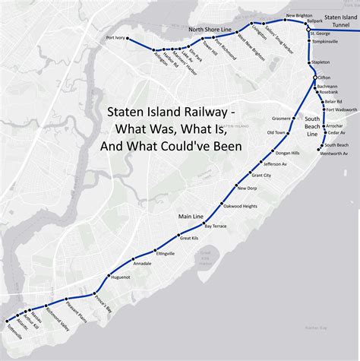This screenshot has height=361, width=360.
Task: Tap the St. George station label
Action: click(x=320, y=34)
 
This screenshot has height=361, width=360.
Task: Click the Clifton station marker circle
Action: click(x=315, y=78)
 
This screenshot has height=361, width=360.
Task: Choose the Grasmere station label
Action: click(x=280, y=119)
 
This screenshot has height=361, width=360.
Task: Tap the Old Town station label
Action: click(x=275, y=133)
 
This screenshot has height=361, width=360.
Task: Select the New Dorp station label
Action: click(x=247, y=188)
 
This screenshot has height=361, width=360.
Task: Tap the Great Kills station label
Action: click(x=189, y=238)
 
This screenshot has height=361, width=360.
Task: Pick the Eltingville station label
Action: click(x=165, y=252)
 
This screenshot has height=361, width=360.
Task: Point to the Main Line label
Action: click(x=189, y=217)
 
